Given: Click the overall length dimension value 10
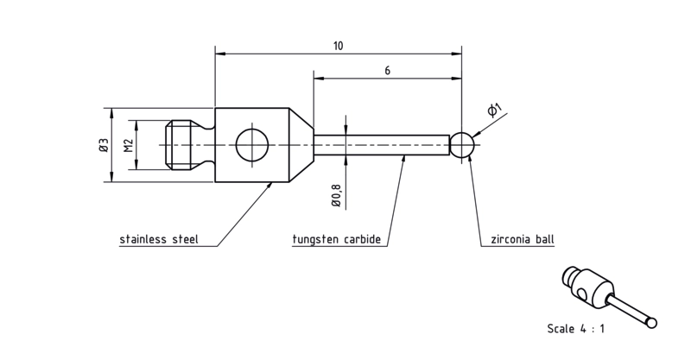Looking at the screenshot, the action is [338, 46].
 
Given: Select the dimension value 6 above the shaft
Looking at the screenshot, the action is [387, 71].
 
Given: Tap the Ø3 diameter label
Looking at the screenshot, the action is [104, 145].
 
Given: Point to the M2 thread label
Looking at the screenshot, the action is [128, 145].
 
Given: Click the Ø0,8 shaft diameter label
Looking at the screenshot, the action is [336, 194].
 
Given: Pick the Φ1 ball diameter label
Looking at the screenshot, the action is [494, 110].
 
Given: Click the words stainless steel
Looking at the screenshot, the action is [159, 239].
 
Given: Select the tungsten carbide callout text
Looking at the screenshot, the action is [337, 239].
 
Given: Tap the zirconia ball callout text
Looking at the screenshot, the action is [523, 239].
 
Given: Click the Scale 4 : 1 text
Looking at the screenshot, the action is [576, 329].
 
